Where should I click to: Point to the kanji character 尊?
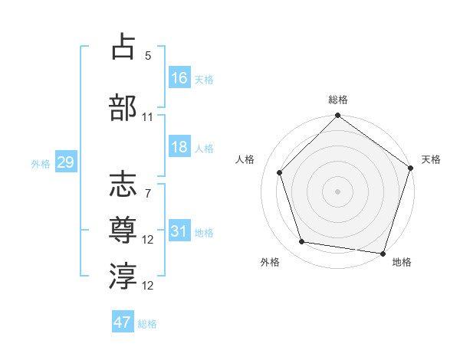(123, 229)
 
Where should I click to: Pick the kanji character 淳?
(123, 275)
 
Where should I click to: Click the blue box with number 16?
(179, 78)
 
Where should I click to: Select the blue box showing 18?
(179, 148)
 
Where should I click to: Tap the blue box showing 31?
(179, 232)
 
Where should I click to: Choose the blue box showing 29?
(65, 162)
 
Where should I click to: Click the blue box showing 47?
(123, 322)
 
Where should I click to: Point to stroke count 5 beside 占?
(148, 56)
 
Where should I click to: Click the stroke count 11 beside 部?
(148, 117)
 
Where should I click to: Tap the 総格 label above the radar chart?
(338, 100)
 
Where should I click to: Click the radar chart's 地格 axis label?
(402, 263)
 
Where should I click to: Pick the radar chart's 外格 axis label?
(270, 263)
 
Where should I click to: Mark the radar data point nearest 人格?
(280, 172)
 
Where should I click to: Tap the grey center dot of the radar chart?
(337, 191)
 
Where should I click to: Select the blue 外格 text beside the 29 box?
(41, 163)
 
